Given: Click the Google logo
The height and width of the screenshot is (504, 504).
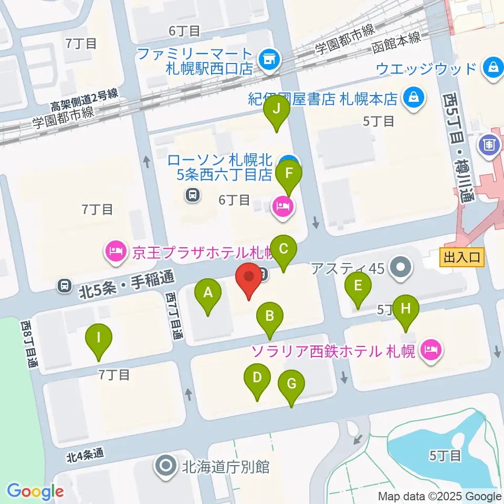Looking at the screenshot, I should click(x=35, y=492).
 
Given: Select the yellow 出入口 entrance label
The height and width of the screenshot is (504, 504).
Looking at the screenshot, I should click(x=462, y=257).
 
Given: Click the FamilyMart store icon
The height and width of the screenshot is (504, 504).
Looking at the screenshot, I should click(x=269, y=59).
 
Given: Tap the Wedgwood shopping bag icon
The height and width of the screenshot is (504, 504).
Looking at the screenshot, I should click(x=493, y=68).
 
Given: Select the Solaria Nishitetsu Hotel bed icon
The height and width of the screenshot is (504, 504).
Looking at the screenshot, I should click(x=431, y=349).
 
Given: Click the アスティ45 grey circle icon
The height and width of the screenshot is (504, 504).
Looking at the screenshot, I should click(x=402, y=268).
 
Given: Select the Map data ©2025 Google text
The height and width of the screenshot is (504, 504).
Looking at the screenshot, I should click(x=440, y=496).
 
